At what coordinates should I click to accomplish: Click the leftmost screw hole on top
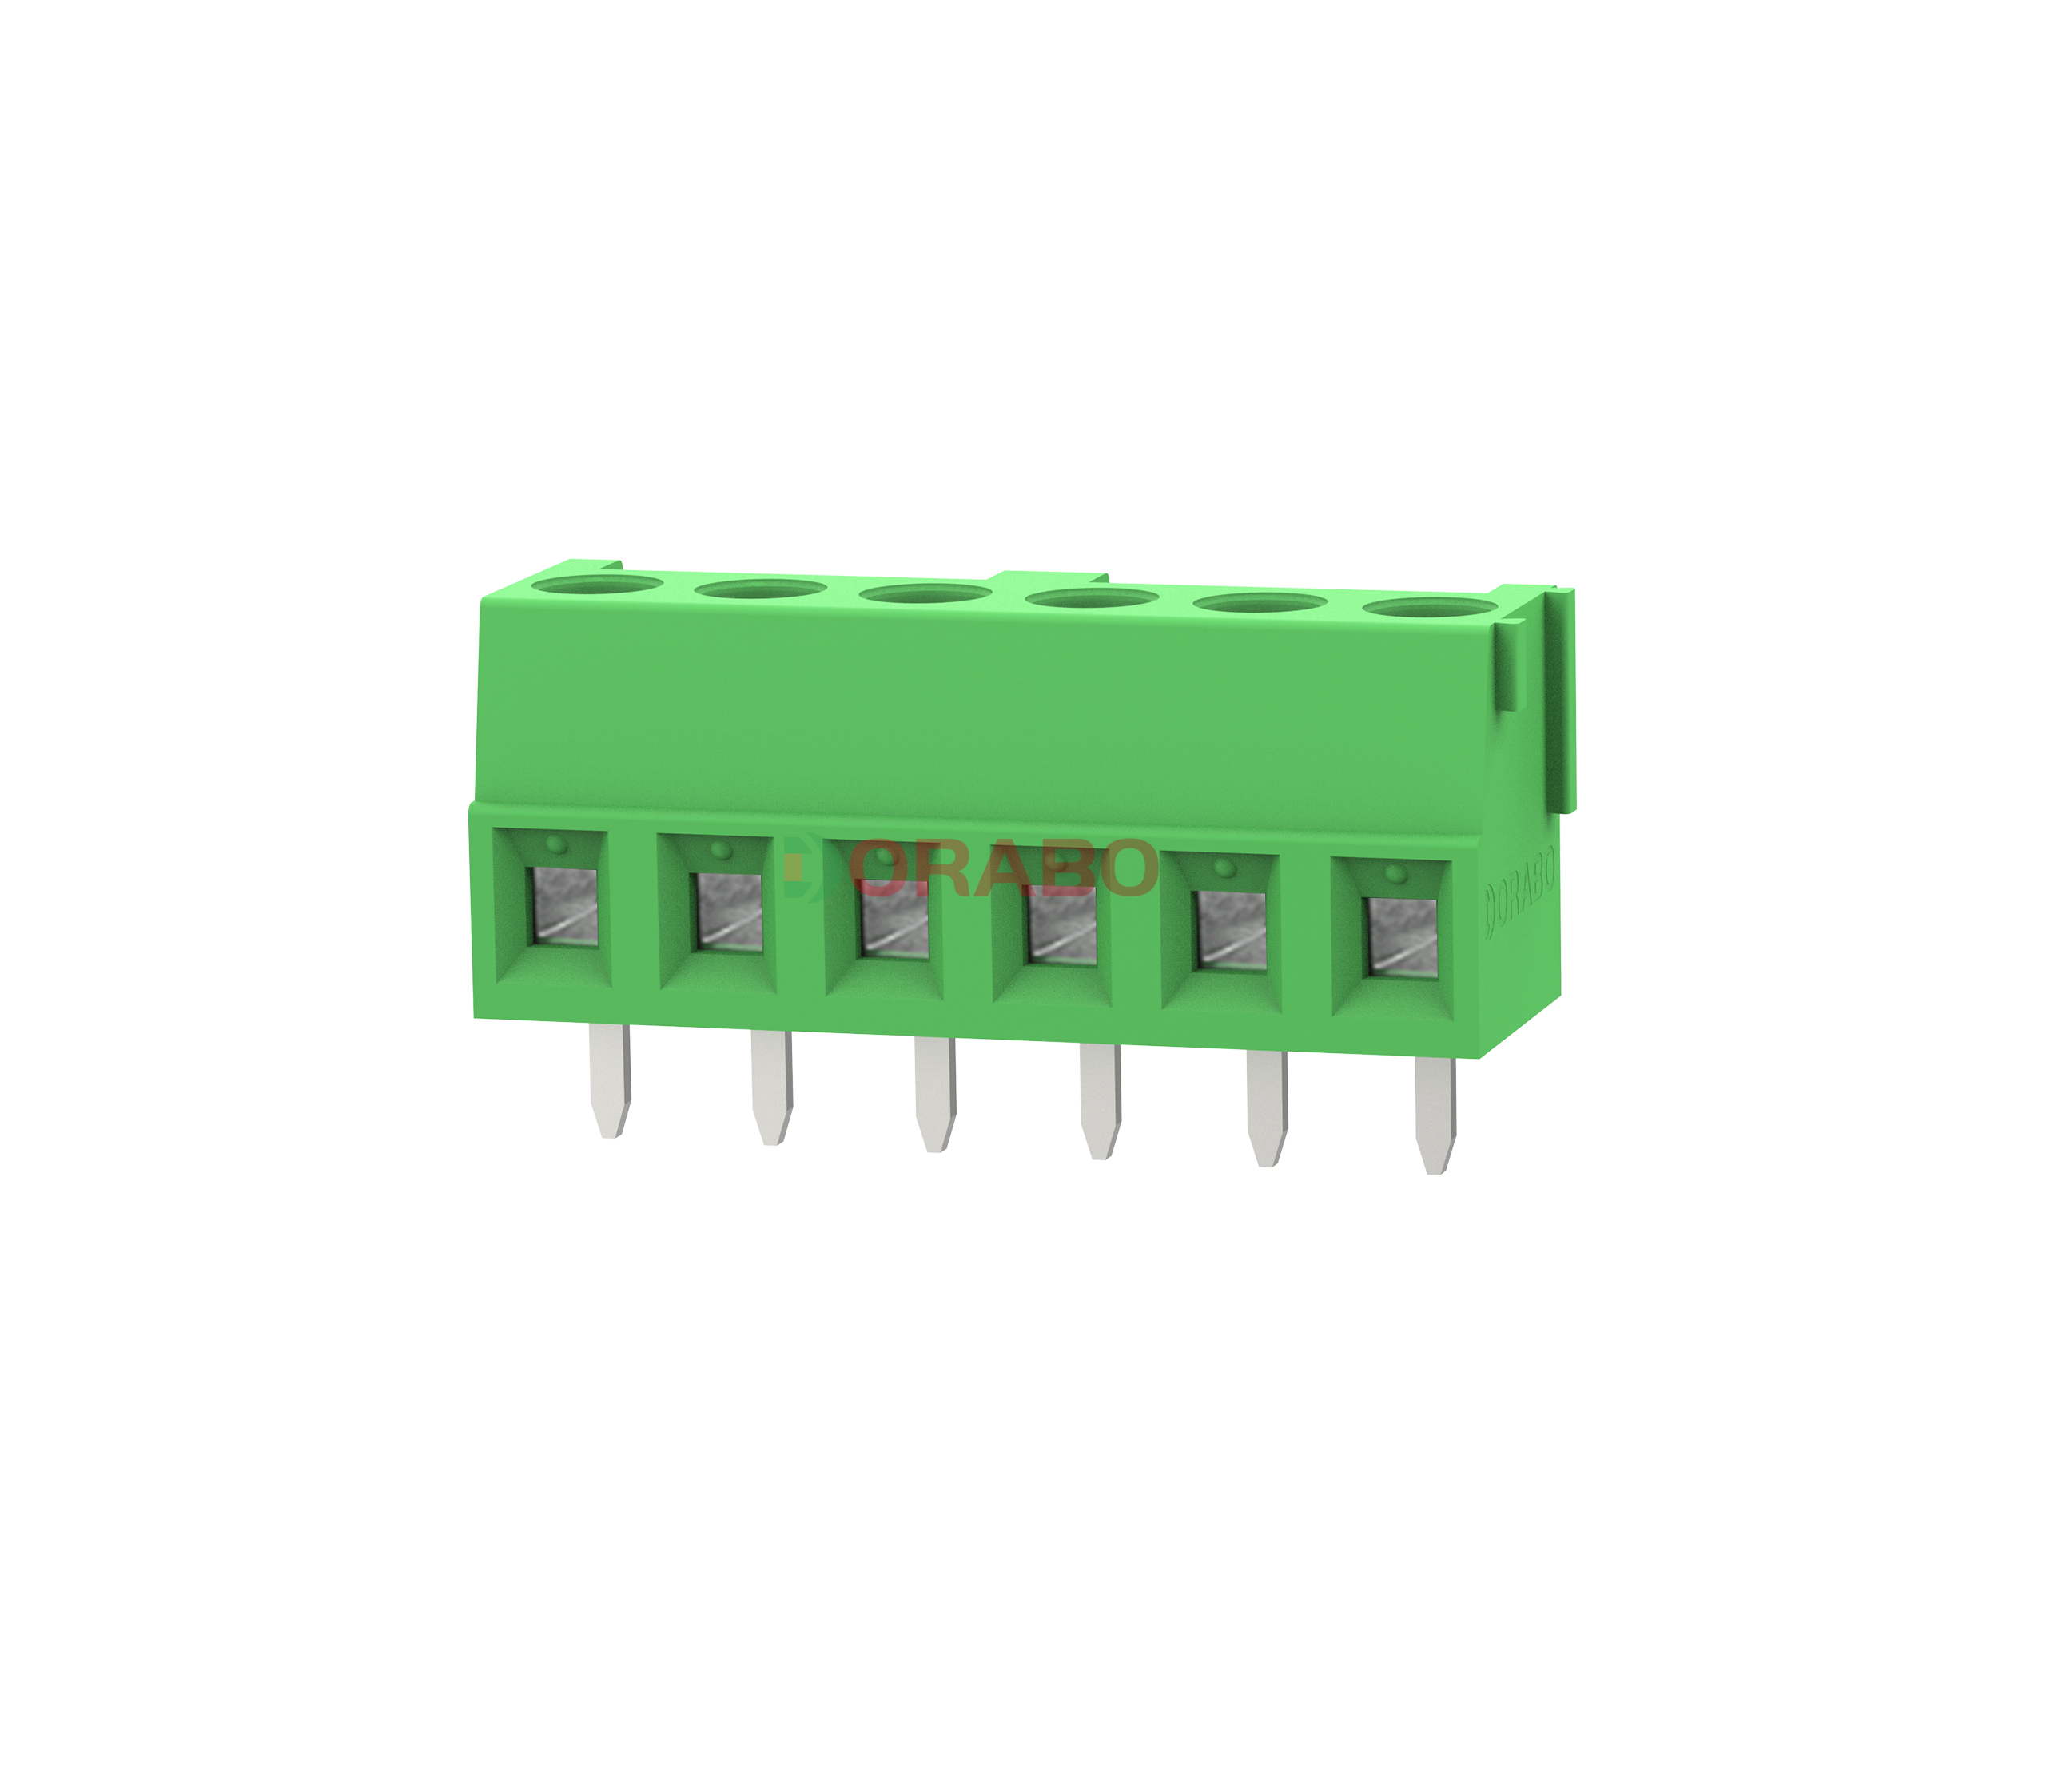(596, 585)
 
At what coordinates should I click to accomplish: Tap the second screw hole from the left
(760, 589)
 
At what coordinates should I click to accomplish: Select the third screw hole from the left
(925, 593)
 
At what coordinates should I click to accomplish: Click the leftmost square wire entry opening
(565, 907)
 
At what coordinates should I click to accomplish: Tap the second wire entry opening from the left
(729, 912)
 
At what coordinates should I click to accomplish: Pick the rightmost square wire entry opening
(1401, 936)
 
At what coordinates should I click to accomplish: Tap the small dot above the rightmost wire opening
(1393, 874)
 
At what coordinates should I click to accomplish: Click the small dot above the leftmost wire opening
(556, 844)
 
